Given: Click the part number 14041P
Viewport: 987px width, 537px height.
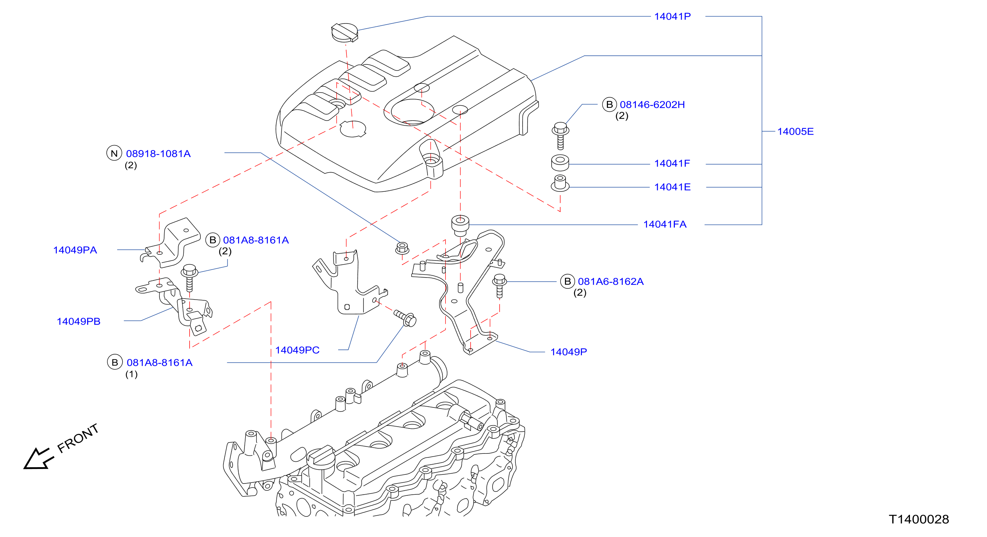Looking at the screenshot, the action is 672,17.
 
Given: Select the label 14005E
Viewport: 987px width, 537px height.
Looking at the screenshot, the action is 795,131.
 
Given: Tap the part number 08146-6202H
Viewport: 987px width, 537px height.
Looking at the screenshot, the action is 652,105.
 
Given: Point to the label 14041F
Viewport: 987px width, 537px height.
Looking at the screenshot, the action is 672,163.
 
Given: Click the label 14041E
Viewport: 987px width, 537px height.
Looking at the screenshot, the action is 672,187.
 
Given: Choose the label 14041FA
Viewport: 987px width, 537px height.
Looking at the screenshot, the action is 665,224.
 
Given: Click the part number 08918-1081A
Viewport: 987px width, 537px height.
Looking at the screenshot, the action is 158,154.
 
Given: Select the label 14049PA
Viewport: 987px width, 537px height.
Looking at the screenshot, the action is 75,250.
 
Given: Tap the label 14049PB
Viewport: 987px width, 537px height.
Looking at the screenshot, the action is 78,321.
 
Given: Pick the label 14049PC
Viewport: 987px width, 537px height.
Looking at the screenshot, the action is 297,350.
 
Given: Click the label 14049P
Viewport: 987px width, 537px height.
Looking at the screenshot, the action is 569,352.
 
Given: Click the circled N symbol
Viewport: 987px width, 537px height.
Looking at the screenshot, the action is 114,153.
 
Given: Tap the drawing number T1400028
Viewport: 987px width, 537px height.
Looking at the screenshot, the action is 919,519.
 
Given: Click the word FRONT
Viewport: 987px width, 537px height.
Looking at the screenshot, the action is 78,438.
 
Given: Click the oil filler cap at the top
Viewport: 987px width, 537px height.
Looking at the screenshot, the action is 344,32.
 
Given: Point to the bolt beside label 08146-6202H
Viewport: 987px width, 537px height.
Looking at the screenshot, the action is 560,136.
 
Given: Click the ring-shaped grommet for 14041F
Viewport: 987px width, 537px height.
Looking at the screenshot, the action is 560,162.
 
